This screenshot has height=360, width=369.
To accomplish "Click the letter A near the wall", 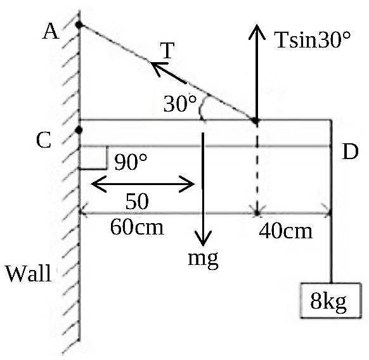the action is [x=51, y=32].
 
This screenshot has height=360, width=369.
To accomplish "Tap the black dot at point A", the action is [x=79, y=24].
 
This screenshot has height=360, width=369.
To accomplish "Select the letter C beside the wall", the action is [x=44, y=140].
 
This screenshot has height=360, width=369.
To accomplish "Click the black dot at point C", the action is [x=79, y=130].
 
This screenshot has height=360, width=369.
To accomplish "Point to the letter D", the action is [x=350, y=151].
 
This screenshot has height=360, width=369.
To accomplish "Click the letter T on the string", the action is [x=167, y=50].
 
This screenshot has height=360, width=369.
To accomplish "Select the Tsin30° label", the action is [x=313, y=40].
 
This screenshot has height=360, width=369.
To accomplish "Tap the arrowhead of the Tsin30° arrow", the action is [x=257, y=32].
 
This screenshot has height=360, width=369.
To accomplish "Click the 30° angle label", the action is [x=180, y=103].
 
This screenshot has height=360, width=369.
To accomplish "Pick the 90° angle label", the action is [x=131, y=162].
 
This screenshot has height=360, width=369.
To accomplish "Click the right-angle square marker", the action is [x=93, y=157].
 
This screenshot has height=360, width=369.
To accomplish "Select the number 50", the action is [x=137, y=202].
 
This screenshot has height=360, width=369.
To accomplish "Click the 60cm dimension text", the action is [x=137, y=227].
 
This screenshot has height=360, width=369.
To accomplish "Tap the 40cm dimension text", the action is [x=286, y=231].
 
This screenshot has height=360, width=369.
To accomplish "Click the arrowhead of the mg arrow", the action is [x=203, y=238].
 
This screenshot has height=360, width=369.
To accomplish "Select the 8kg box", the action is [x=330, y=300].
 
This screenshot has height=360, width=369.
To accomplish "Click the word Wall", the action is [x=29, y=273].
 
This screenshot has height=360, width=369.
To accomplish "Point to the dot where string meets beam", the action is [x=255, y=120].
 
